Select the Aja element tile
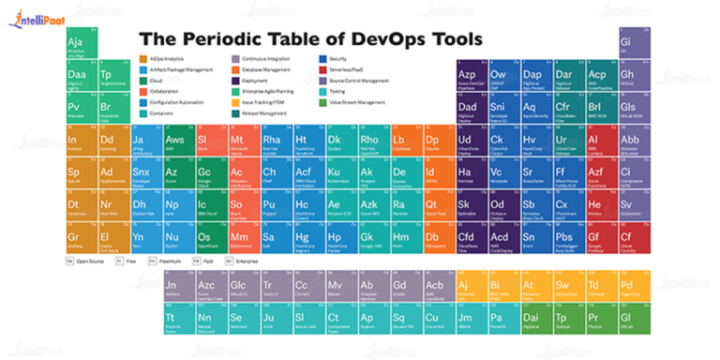pyautogui.click(x=77, y=46)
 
